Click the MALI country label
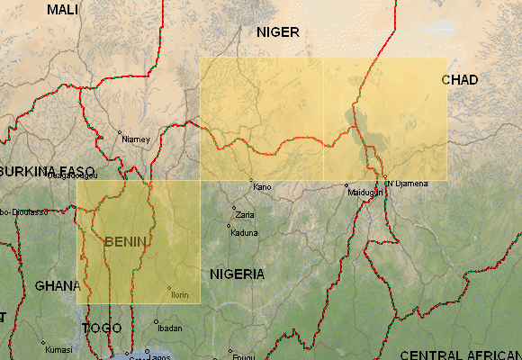pos(63,9)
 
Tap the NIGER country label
pos(277,32)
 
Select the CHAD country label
pos(459,80)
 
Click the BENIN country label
pos(126,241)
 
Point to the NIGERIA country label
pos(237,274)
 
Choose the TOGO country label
pos(102,328)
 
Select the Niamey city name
pos(136,139)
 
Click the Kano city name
pos(262,187)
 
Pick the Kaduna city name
pos(244,233)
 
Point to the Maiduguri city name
pos(365,193)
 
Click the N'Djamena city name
pos(407,184)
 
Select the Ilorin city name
pos(179,294)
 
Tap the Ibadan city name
pos(168,328)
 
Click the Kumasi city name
pos(58,349)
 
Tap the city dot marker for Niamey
pos(120,133)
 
